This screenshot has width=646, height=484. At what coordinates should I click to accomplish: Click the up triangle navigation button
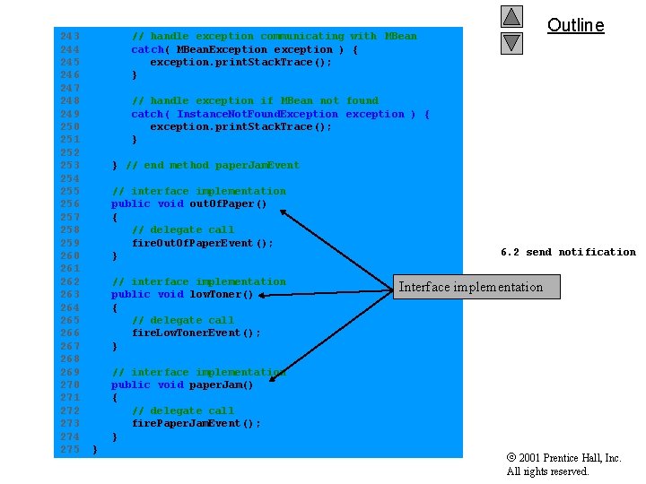click(511, 17)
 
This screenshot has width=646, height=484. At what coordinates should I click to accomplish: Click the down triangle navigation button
click(511, 42)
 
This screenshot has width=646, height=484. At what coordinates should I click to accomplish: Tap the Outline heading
click(575, 25)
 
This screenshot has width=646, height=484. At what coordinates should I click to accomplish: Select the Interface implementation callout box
click(476, 287)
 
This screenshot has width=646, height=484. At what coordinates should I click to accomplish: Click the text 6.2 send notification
click(568, 252)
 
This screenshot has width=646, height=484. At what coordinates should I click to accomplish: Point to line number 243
click(69, 36)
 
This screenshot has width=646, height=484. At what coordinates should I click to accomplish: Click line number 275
click(69, 449)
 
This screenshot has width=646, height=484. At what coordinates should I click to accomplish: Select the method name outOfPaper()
click(228, 203)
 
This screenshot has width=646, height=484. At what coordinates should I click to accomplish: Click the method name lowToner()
click(222, 294)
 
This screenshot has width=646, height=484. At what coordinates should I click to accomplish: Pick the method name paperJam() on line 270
click(222, 385)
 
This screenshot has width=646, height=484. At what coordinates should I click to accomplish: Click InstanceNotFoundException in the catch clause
click(258, 114)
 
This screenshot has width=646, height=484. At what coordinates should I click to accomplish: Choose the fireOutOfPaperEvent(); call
click(202, 243)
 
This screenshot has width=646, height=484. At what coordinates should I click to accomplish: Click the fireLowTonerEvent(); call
click(196, 333)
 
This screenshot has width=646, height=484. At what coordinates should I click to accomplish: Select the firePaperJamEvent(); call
click(196, 423)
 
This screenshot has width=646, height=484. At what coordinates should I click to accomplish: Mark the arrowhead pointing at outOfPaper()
click(284, 212)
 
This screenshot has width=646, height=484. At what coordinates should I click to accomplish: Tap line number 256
click(69, 203)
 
